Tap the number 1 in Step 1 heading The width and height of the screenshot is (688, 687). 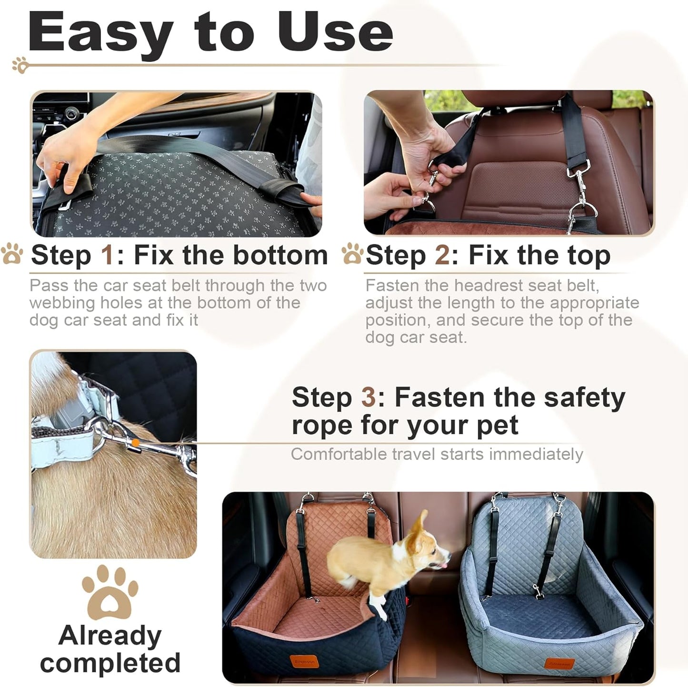(x=107, y=255)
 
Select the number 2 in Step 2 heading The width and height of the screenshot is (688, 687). (x=442, y=255)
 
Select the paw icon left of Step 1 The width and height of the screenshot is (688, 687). (x=12, y=254)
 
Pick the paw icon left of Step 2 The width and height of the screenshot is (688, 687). (x=352, y=254)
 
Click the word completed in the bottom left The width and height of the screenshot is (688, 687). (x=110, y=663)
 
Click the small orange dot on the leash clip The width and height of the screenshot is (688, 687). (x=135, y=443)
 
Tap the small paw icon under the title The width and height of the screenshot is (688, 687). (x=20, y=65)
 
